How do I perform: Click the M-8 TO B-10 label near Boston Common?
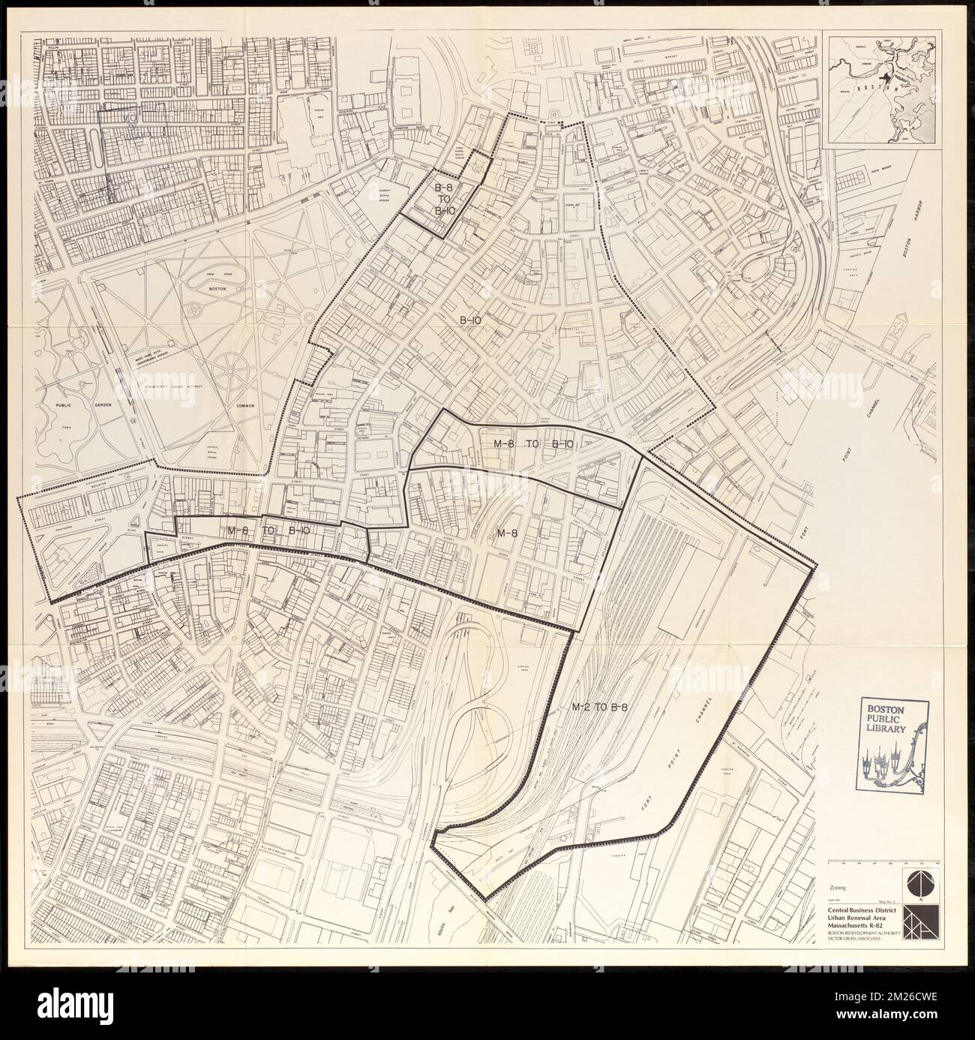pyautogui.click(x=268, y=530)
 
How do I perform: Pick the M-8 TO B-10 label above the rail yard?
pyautogui.click(x=533, y=443)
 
